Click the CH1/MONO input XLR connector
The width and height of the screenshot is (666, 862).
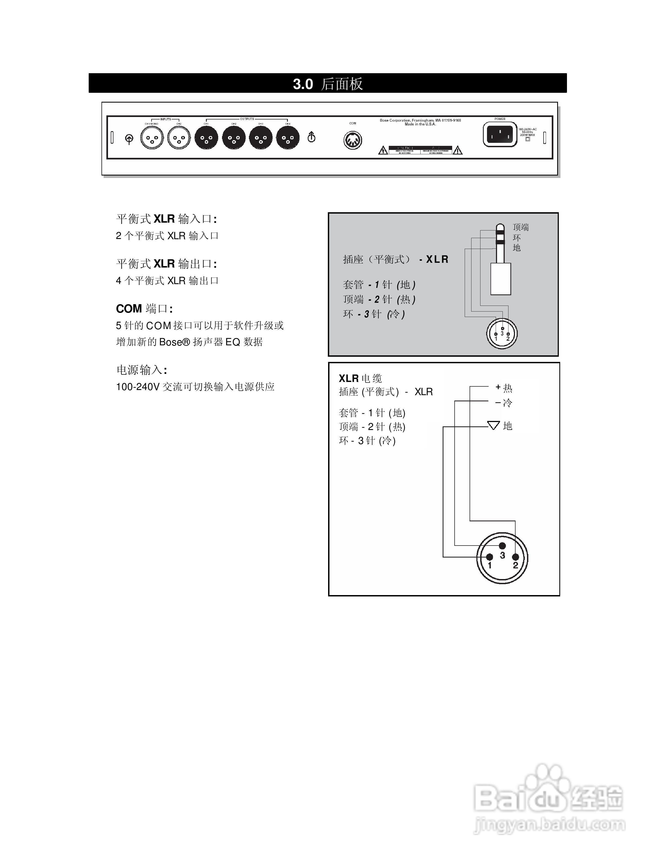pos(152,138)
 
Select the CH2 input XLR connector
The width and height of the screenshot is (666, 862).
pos(179,138)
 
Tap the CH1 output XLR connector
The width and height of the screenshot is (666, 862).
pos(206,138)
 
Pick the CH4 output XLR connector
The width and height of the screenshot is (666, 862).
pos(288,138)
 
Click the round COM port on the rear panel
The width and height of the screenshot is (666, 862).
pos(352,140)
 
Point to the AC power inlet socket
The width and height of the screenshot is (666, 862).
pos(500,135)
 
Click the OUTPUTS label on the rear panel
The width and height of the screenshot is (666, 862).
pos(247,119)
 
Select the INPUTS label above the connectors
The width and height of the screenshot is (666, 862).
pos(165,119)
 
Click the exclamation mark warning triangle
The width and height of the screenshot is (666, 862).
pos(457,150)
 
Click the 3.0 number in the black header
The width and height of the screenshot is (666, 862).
pos(303,84)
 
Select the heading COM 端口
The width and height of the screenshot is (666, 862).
pos(144,309)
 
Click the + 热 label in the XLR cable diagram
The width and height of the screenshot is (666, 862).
pos(504,388)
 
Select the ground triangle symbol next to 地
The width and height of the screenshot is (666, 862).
pos(493,425)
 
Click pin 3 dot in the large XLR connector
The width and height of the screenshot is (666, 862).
pos(502,546)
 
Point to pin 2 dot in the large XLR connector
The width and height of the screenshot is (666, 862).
pos(515,557)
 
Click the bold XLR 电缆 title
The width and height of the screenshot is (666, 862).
pos(360,378)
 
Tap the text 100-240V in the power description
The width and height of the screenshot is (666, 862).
pos(137,387)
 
